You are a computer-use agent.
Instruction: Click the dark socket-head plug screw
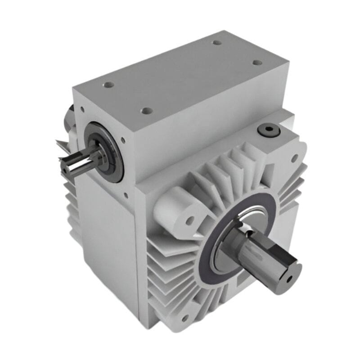point(269,130)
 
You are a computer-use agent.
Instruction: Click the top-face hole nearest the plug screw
point(257,63)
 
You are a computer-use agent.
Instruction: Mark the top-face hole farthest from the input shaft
point(217,43)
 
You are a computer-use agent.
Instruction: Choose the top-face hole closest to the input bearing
point(108,84)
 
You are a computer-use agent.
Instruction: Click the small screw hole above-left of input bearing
point(82,109)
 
